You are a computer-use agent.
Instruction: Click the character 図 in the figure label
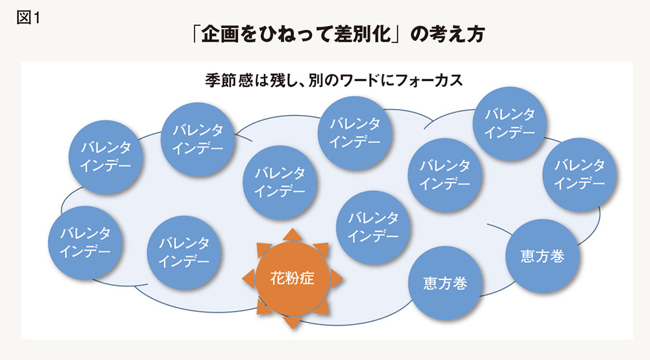click(23, 18)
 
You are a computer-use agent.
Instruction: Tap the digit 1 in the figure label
click(36, 18)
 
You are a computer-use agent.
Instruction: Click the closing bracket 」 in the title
click(396, 34)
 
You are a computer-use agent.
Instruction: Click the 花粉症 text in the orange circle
click(292, 278)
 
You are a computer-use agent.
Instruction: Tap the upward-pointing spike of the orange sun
click(292, 234)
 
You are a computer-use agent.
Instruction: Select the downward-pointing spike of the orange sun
click(292, 323)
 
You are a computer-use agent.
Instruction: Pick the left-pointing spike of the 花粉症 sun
click(248, 278)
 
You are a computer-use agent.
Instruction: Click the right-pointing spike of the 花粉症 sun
click(337, 278)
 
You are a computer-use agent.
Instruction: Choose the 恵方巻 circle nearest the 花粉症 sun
click(445, 283)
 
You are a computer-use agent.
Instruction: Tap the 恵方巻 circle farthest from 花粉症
click(542, 256)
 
